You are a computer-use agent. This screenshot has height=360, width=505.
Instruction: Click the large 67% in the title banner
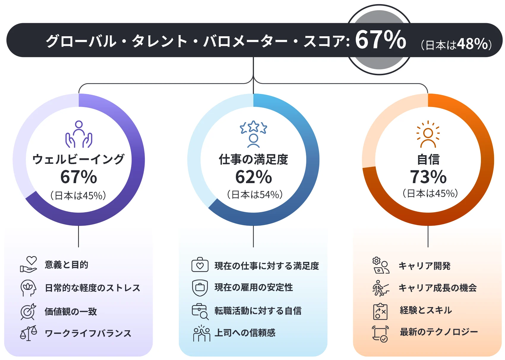[380, 40]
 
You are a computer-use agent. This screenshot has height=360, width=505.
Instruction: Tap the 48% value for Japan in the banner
[472, 44]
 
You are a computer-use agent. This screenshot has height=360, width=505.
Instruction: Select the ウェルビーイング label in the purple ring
[78, 159]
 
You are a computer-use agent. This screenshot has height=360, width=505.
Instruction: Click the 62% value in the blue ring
[253, 177]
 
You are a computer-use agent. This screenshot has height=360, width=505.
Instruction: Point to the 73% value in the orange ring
[428, 177]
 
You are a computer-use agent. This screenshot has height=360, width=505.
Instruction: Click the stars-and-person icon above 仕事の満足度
[253, 134]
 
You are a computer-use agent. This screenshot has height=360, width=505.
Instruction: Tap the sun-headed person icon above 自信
[428, 134]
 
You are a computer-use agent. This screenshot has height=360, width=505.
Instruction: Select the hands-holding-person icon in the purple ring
[79, 134]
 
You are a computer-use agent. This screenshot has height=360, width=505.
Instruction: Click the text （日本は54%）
[255, 195]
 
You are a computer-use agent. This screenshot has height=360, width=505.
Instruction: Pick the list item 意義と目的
[66, 265]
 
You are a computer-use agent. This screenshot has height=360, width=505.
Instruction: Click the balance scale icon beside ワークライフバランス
[29, 333]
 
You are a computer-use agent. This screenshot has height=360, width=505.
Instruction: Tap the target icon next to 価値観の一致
[28, 312]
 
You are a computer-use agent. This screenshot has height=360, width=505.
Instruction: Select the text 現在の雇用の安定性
[254, 287]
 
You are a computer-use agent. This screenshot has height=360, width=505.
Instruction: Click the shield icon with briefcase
[200, 287]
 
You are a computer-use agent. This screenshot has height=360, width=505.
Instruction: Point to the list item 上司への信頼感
[245, 333]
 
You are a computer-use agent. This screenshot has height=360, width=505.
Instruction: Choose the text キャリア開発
[424, 265]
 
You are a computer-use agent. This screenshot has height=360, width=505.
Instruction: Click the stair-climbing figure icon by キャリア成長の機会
[380, 288]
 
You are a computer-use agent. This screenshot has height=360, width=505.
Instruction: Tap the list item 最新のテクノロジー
[439, 332]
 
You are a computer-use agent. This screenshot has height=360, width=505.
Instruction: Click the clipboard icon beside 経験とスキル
[380, 311]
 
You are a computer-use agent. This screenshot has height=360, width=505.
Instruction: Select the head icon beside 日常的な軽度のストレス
[28, 288]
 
